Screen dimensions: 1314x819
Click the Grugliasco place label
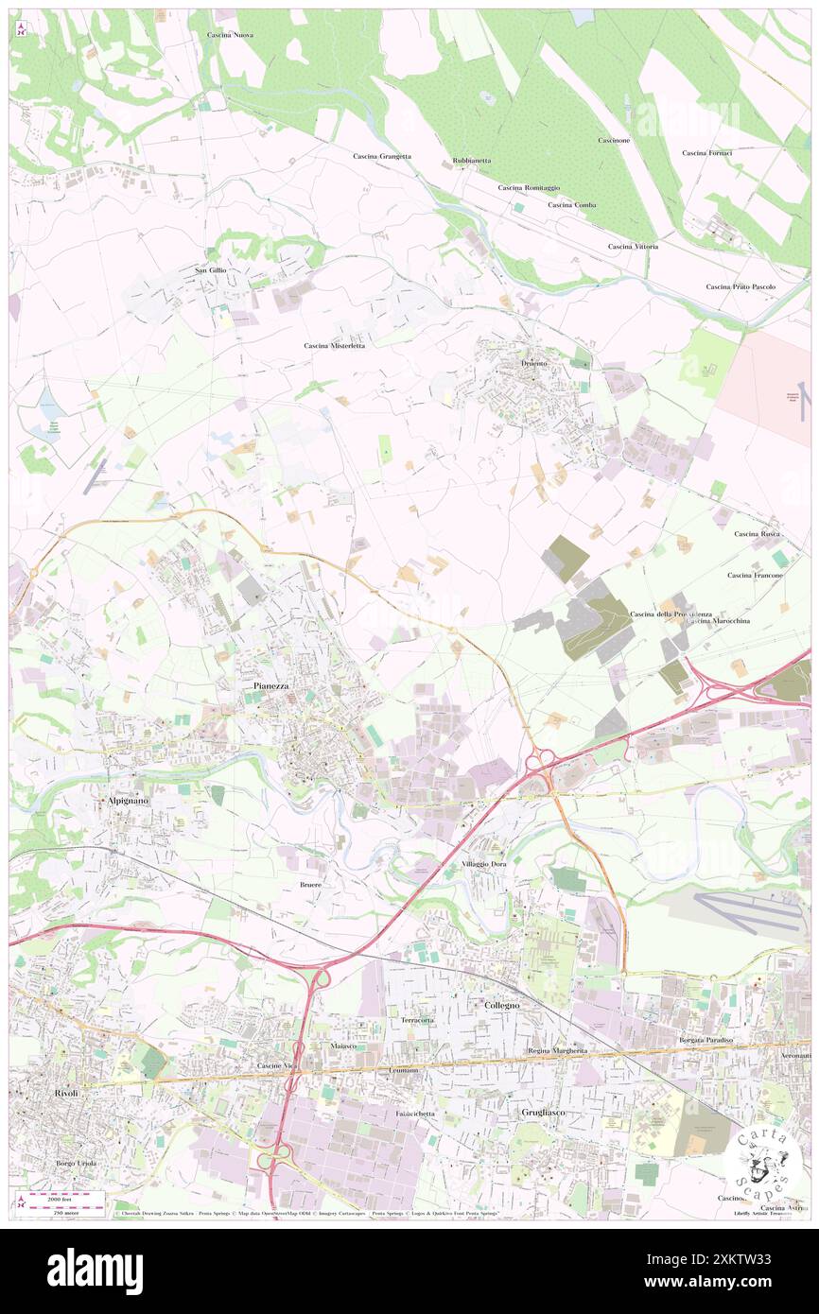pyautogui.click(x=543, y=1113)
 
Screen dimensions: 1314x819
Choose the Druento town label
pyautogui.click(x=534, y=363)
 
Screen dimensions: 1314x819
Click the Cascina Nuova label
pyautogui.click(x=230, y=35)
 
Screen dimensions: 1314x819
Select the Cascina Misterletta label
pyautogui.click(x=334, y=346)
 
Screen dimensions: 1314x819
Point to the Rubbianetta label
pyautogui.click(x=472, y=161)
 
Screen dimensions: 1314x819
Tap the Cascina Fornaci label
pyautogui.click(x=706, y=153)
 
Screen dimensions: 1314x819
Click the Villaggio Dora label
pyautogui.click(x=491, y=865)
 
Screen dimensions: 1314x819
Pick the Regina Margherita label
pyautogui.click(x=557, y=1051)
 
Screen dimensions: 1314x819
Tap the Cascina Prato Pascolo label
pyautogui.click(x=741, y=286)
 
